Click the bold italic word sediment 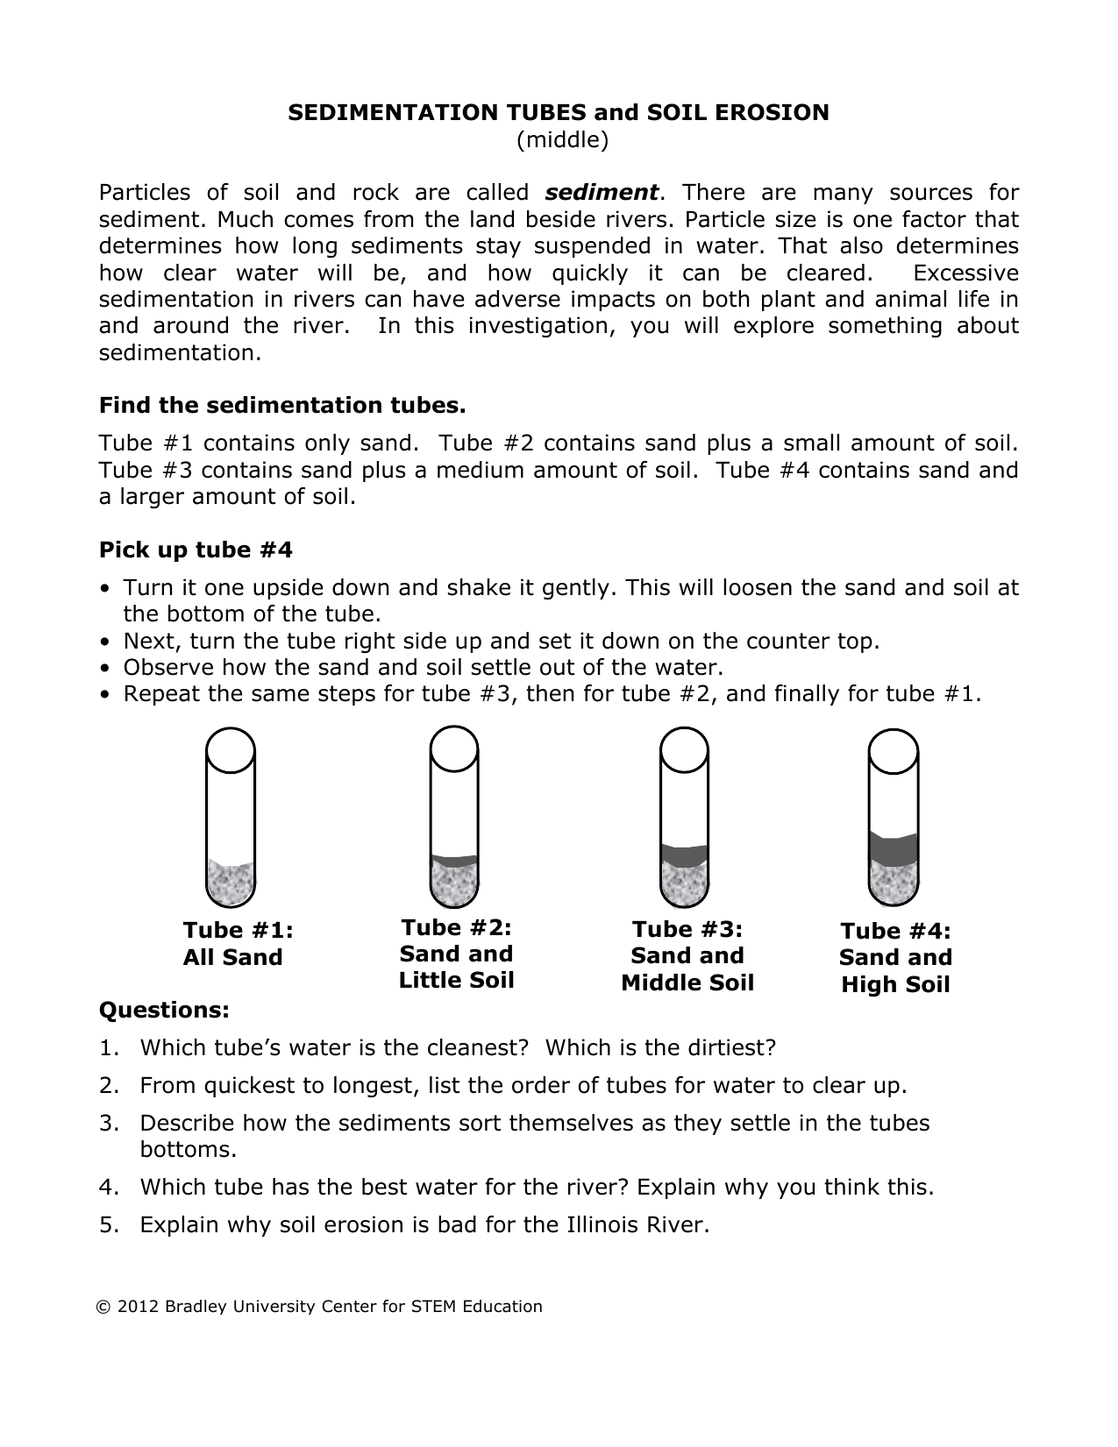click(x=602, y=193)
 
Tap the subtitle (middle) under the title click(x=562, y=139)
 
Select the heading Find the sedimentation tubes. click(x=282, y=406)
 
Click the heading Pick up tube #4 click(x=196, y=550)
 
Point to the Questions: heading click(x=164, y=1011)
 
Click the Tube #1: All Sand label click(x=233, y=944)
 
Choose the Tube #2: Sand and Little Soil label click(x=456, y=954)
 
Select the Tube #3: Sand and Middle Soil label click(x=687, y=956)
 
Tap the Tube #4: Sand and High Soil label click(x=895, y=958)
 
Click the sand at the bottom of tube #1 click(x=231, y=883)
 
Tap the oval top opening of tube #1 click(x=231, y=750)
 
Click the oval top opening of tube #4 click(x=894, y=752)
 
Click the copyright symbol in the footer click(x=104, y=1307)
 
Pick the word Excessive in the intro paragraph click(x=965, y=273)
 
